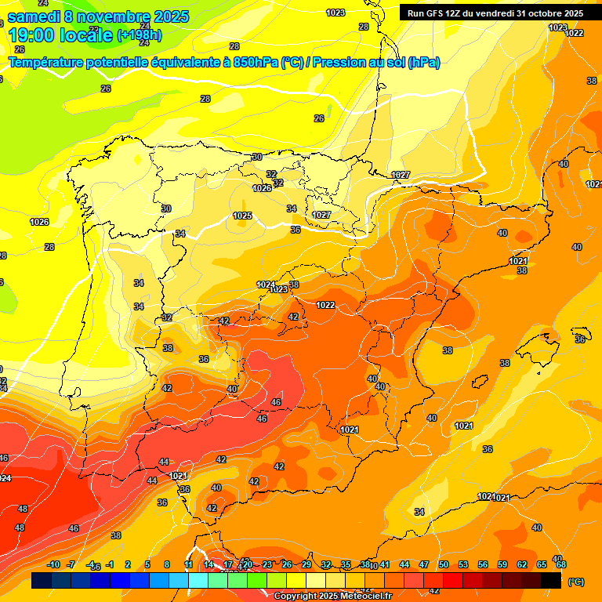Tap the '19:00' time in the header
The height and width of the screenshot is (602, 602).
click(28, 35)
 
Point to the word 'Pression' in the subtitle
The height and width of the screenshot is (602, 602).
click(343, 63)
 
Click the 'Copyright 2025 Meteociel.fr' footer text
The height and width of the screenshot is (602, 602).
click(332, 597)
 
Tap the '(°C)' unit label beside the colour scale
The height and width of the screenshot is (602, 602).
click(575, 582)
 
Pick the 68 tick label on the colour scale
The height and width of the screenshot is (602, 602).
click(561, 564)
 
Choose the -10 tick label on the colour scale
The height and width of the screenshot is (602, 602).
click(53, 564)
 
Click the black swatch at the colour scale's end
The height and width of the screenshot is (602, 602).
click(551, 581)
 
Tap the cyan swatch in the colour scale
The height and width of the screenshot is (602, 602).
click(198, 581)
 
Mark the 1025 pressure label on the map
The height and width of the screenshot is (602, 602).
click(242, 216)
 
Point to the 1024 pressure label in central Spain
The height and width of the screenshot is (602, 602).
click(266, 285)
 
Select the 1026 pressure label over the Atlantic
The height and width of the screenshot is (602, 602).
click(39, 222)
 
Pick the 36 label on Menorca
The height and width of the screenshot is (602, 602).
click(580, 339)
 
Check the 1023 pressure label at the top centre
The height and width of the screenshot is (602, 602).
click(335, 13)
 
